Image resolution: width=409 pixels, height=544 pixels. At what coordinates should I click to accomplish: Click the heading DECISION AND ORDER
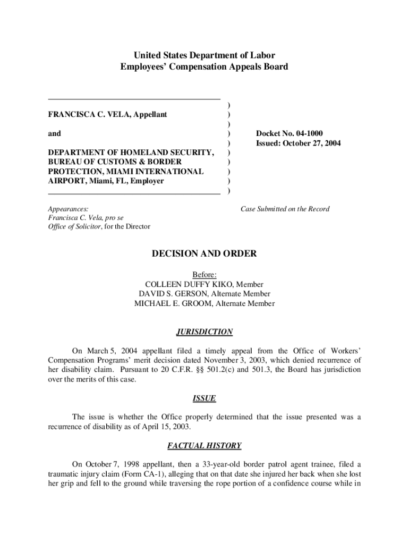click(204, 254)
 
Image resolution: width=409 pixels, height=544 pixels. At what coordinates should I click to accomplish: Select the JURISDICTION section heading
click(204, 332)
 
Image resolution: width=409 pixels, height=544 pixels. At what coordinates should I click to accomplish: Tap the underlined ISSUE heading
click(204, 398)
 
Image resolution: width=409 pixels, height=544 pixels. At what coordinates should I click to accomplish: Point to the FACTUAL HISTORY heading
click(204, 446)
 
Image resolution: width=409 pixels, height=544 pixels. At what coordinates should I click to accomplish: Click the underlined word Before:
click(204, 275)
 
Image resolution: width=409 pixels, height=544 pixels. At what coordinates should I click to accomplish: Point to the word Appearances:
click(68, 209)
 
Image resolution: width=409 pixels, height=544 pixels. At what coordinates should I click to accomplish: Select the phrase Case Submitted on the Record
click(285, 209)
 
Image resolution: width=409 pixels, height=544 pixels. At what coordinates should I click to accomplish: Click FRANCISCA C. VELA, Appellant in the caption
click(108, 114)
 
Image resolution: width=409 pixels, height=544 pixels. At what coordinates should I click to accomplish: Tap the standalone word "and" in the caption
click(54, 133)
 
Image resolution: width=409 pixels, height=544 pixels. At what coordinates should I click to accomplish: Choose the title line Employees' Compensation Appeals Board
click(204, 67)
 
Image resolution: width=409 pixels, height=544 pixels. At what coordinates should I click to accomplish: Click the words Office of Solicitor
click(76, 227)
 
